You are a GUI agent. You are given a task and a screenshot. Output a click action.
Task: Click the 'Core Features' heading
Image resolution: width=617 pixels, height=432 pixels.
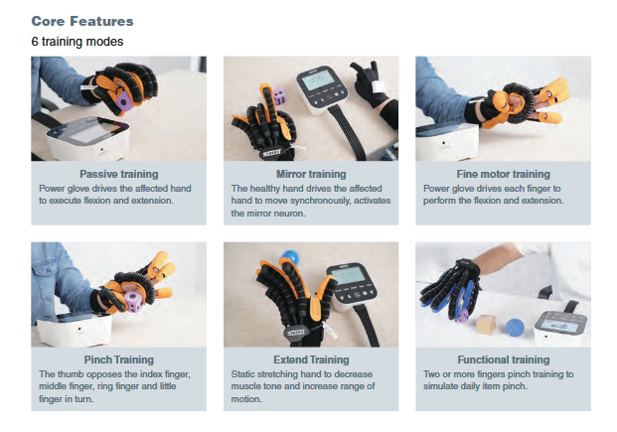tap(82, 21)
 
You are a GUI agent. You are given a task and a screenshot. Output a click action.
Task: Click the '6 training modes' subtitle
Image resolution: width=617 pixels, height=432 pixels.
tap(77, 42)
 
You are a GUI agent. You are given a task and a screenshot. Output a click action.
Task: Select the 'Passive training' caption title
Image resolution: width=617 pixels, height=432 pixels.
tap(119, 174)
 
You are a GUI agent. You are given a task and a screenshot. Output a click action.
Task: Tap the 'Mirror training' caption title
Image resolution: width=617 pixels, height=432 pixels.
tap(311, 174)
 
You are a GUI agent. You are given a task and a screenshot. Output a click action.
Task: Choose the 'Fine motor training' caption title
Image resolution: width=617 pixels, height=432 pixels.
tap(504, 174)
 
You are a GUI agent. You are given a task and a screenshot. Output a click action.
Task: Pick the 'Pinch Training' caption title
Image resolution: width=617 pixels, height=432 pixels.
tap(119, 360)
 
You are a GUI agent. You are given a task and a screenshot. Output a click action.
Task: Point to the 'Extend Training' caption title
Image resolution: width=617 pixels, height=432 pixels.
tap(311, 360)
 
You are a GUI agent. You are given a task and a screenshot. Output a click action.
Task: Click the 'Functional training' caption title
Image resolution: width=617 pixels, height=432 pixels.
tap(504, 360)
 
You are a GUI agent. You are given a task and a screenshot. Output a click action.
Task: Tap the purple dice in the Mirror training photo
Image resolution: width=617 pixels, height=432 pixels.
tap(279, 96)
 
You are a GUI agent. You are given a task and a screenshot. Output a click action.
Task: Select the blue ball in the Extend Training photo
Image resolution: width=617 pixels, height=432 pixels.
tap(289, 258)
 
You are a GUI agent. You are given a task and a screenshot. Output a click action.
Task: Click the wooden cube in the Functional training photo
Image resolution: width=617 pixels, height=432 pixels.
tap(487, 325)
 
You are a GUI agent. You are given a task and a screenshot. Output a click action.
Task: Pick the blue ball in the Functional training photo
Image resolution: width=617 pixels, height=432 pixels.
tap(515, 328)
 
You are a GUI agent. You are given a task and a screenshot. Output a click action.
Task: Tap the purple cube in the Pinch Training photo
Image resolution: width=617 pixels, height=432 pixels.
tap(133, 301)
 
